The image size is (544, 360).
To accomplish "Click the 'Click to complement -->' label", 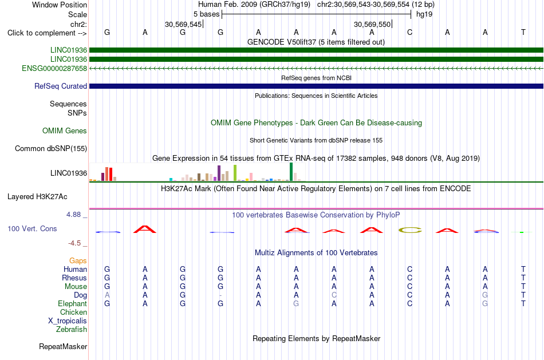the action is coord(47,33).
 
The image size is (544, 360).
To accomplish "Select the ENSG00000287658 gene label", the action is coord(54,68).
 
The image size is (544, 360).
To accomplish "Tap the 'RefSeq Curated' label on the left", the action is coord(61,86).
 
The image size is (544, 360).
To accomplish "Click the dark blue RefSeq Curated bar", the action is coord(316,86).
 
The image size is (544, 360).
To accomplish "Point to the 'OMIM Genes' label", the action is coord(65,130).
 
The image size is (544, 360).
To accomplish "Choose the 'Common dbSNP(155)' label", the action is coord(51,148).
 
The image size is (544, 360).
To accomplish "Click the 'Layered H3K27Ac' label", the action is coord(37,197).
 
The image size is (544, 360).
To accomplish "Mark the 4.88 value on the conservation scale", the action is coord(73,215).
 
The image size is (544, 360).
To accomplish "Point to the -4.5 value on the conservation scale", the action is coord(74,243).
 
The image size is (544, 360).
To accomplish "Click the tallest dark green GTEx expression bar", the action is coord(291,172).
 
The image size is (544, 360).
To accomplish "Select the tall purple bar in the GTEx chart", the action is coord(219,173).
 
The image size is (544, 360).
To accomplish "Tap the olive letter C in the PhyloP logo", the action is coord(410,230).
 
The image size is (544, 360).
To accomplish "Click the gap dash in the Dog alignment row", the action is coord(220,295).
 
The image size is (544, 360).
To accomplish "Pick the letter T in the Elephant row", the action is coord(523,303).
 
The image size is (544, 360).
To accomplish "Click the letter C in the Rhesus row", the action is coord(410,278).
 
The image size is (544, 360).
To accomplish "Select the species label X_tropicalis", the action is coord(68,321).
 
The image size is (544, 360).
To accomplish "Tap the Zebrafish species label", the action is coord(72,330).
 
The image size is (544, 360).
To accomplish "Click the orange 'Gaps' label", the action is coord(78,260).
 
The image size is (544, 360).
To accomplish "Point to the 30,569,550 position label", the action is coord(372,24).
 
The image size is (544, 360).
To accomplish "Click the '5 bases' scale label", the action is coord(206,14).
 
